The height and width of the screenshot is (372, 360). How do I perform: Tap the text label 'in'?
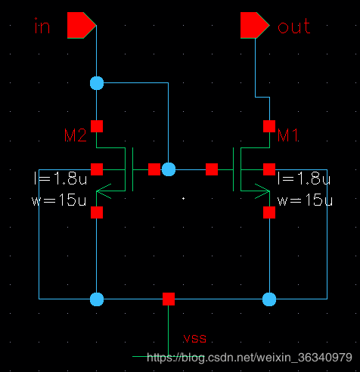click(42, 26)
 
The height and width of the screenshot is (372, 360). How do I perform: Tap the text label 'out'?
click(293, 26)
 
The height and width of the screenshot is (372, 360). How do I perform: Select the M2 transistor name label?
click(76, 135)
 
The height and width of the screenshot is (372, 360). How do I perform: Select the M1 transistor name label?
click(288, 135)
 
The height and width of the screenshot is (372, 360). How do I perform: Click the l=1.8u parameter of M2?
click(61, 178)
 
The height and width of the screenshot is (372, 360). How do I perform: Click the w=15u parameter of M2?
click(59, 200)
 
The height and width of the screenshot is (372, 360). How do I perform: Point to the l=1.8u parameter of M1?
click(304, 178)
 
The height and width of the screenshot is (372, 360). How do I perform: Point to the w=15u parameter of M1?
click(305, 200)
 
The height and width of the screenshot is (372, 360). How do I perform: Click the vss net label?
click(194, 338)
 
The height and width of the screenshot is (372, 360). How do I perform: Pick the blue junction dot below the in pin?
click(97, 83)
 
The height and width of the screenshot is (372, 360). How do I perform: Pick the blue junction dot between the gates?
click(169, 169)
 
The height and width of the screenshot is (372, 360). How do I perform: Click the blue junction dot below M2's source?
click(97, 299)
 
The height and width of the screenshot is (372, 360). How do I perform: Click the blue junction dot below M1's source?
click(269, 299)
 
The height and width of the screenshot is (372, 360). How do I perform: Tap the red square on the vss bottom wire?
click(169, 299)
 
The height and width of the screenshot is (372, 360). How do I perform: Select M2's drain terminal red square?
click(97, 126)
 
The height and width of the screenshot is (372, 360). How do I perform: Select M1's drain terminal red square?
click(269, 126)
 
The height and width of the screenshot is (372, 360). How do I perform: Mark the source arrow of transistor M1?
click(262, 191)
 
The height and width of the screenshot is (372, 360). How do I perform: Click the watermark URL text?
click(250, 358)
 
